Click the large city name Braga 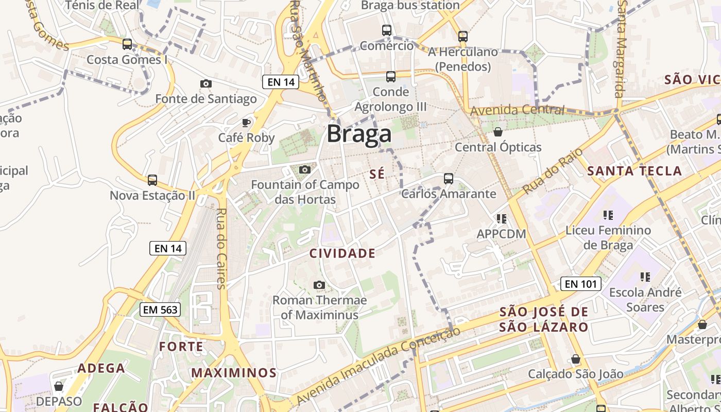point(359,134)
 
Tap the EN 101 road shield point(581,284)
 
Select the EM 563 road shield point(160,310)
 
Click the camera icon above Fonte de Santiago point(205,83)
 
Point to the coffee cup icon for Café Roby point(246,122)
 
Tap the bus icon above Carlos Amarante point(449,179)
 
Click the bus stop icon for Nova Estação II point(152,180)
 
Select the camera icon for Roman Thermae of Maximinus point(319,285)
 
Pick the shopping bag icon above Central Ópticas point(498,132)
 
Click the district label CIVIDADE point(342,253)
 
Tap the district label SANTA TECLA point(634,171)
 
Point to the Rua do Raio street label point(553,171)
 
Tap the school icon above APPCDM point(502,219)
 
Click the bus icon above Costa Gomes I point(127,44)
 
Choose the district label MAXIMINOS point(234,373)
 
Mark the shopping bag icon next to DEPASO point(59,386)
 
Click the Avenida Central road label point(517,110)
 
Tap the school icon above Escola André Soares point(645,277)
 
